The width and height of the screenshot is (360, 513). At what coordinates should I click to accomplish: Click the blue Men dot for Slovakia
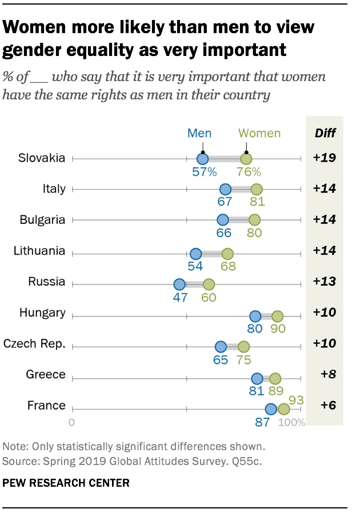(202, 159)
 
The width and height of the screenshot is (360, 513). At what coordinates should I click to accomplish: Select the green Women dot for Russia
(209, 284)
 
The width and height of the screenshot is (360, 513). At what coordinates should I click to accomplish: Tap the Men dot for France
(271, 409)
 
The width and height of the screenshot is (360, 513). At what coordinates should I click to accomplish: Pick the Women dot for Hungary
(277, 316)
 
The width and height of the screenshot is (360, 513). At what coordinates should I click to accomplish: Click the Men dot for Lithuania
(195, 254)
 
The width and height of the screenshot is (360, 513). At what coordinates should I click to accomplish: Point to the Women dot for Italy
(257, 190)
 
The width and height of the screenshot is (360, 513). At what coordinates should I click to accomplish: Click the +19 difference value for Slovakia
(325, 158)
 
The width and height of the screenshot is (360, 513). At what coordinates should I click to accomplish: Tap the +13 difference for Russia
(325, 282)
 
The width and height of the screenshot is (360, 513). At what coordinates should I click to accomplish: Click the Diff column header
(325, 134)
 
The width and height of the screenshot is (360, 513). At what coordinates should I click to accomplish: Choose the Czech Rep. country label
(34, 344)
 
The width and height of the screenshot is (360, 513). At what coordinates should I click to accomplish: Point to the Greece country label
(46, 375)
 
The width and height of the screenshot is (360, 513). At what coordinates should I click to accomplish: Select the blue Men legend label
(199, 134)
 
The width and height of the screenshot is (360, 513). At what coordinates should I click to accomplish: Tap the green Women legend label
(259, 134)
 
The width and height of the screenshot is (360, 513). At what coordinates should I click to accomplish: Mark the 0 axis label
(72, 423)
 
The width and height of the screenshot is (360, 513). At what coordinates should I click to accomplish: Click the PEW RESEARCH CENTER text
(66, 483)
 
